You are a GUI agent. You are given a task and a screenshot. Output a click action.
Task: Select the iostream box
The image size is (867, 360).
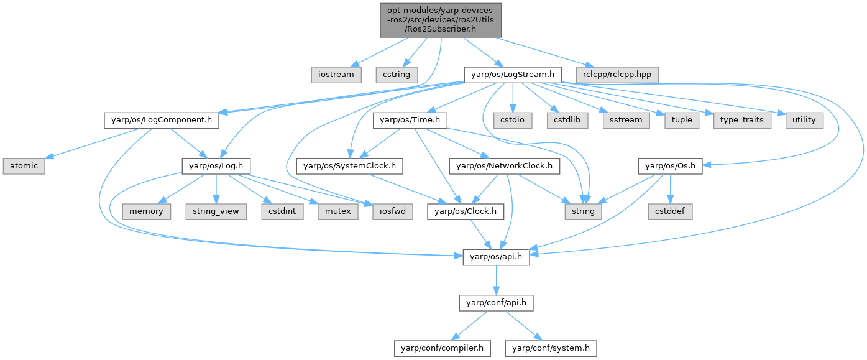pos(336,75)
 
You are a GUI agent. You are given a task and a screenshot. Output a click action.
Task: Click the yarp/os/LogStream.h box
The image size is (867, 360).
pos(512,75)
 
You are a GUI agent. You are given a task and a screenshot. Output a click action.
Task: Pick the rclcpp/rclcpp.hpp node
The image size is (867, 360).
pos(617,75)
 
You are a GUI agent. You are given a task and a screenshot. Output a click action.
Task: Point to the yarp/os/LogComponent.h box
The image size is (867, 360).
pos(161,119)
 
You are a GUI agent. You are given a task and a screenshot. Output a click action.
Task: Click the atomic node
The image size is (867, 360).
pos(24,165)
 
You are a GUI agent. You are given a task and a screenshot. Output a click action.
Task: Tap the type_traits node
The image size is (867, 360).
pos(742,119)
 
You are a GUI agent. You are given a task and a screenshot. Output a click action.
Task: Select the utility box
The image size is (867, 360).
pos(804,119)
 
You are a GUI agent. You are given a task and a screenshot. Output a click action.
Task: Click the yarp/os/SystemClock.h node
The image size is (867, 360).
pos(351,165)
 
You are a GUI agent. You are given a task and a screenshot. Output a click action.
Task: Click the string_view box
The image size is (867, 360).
pos(216,211)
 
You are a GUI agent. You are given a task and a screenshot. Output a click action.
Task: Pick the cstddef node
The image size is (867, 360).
pos(671,211)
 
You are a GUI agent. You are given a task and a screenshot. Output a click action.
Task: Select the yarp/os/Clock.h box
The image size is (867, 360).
pos(466,211)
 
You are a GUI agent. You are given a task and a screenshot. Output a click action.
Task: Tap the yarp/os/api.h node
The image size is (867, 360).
pos(495,257)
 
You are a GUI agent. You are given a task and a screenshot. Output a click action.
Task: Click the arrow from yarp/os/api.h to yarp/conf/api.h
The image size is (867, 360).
pos(495,280)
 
